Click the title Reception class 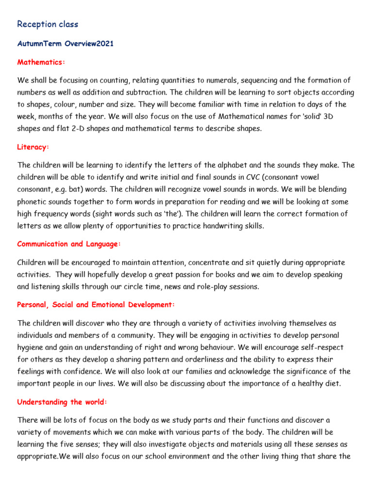48,24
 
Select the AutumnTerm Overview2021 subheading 66,44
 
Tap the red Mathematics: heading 41,62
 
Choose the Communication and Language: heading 69,244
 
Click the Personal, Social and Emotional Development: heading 96,304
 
